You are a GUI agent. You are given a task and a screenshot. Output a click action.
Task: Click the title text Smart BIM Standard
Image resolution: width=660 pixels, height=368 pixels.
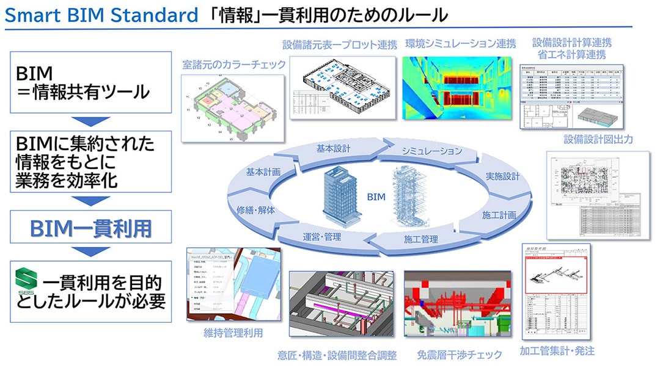[x=101, y=15]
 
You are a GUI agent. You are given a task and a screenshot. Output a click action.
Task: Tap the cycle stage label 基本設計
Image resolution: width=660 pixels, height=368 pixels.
[x=334, y=148]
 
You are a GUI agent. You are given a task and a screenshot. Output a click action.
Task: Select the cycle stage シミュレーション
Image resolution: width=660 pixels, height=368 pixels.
[x=431, y=151]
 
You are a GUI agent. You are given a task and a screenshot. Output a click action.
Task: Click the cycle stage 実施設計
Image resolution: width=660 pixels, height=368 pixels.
[x=502, y=176]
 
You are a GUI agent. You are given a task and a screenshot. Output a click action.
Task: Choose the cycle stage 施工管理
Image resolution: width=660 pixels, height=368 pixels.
[x=421, y=239]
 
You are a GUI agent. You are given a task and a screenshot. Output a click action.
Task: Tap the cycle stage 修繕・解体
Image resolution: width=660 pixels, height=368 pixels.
[x=256, y=209]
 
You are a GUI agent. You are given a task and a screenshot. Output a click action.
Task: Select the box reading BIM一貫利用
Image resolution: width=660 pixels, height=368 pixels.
[x=91, y=229]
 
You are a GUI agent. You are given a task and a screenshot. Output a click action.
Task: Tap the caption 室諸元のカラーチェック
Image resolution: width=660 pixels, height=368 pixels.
[x=234, y=63]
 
